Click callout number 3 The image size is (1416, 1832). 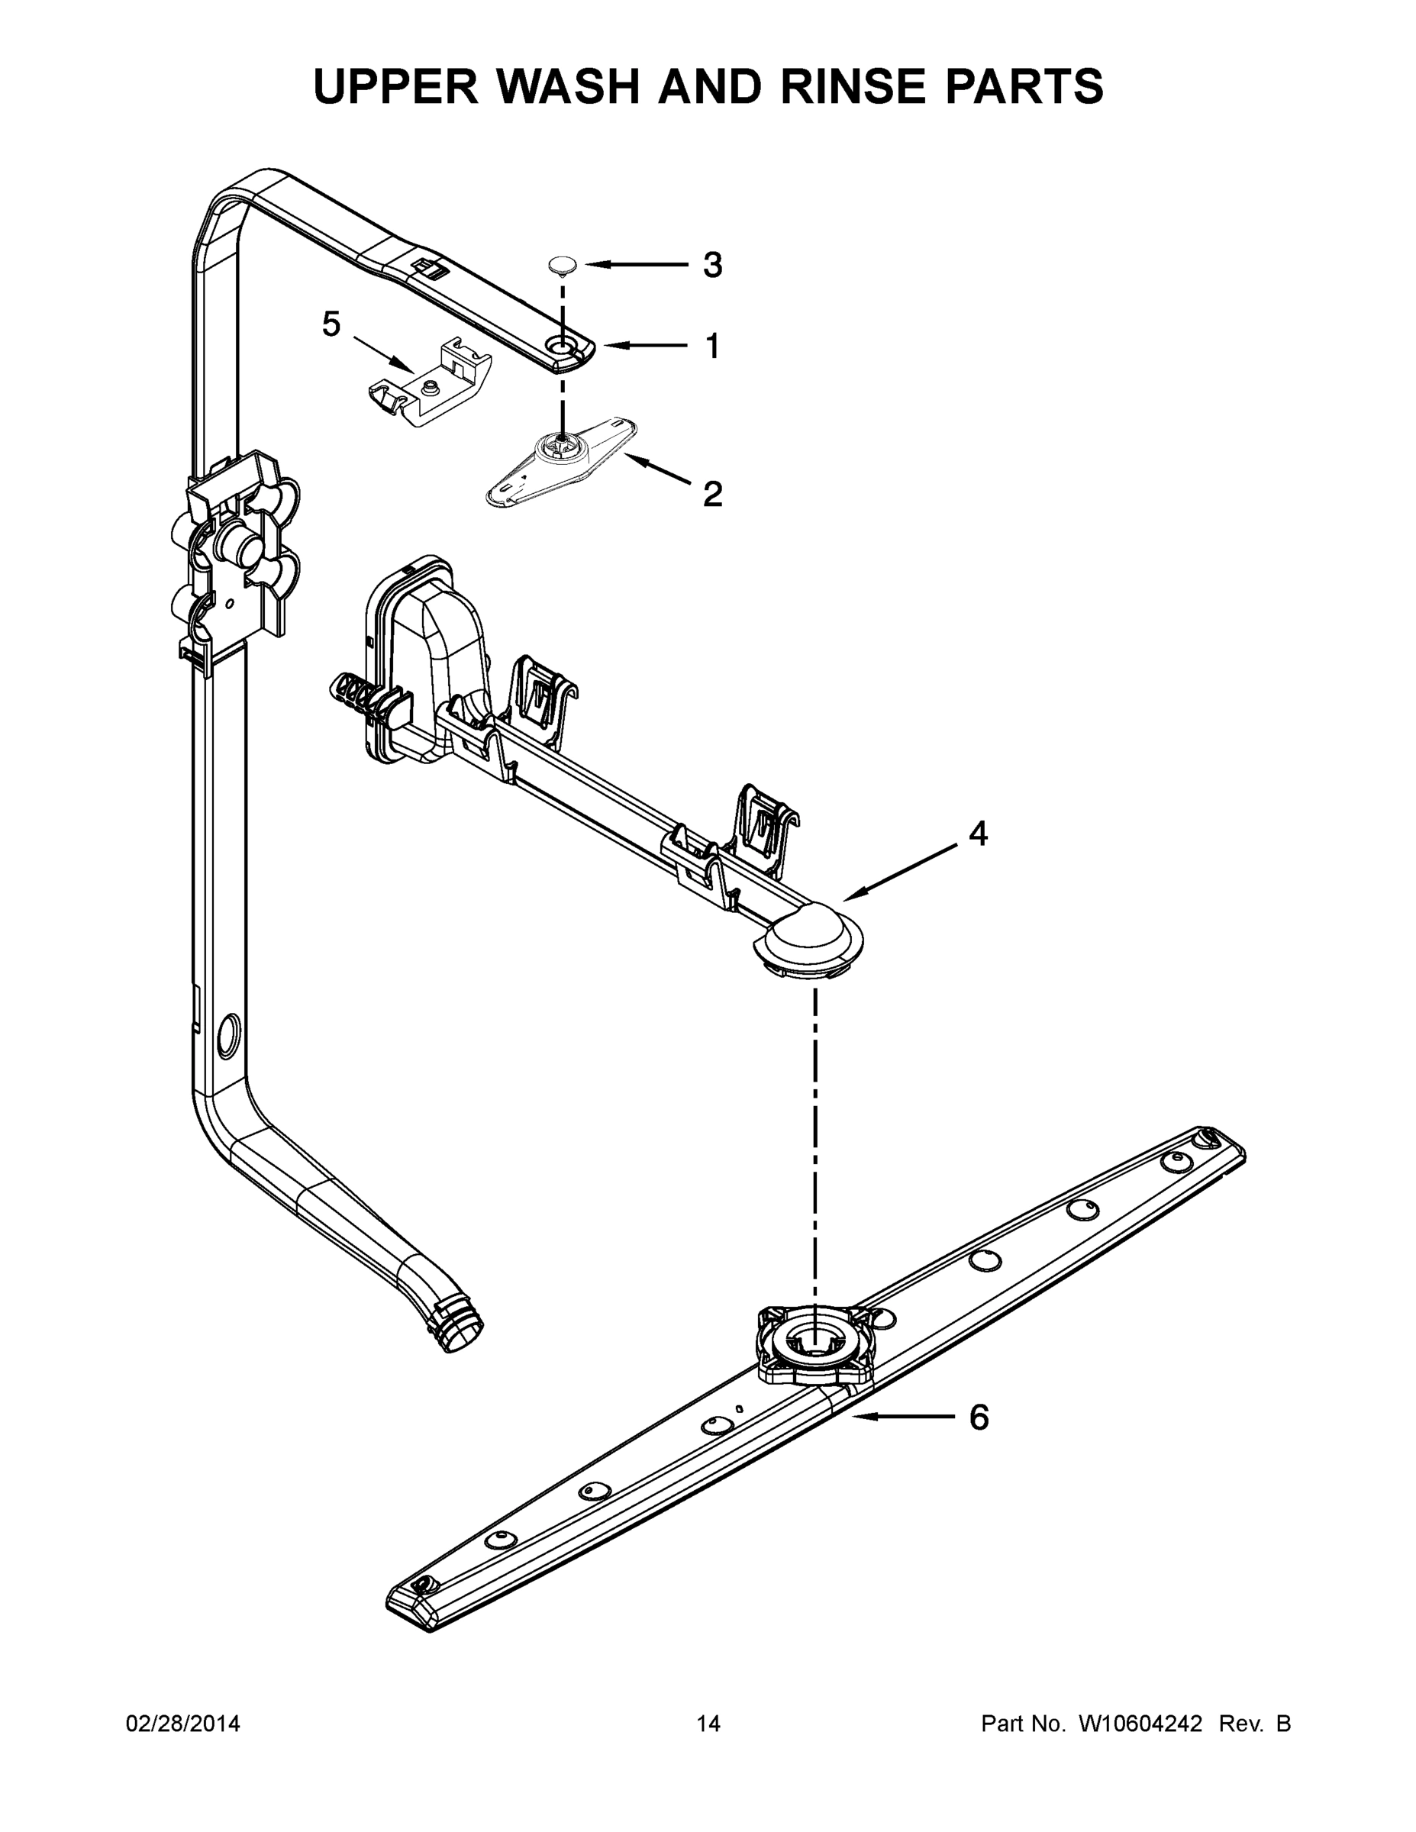[711, 265]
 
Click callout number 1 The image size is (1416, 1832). [711, 346]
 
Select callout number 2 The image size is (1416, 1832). [711, 494]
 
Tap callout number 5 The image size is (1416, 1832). [331, 324]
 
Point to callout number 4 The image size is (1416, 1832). [977, 833]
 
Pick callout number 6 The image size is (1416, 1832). [978, 1417]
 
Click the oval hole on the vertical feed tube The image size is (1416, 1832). [227, 1034]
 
